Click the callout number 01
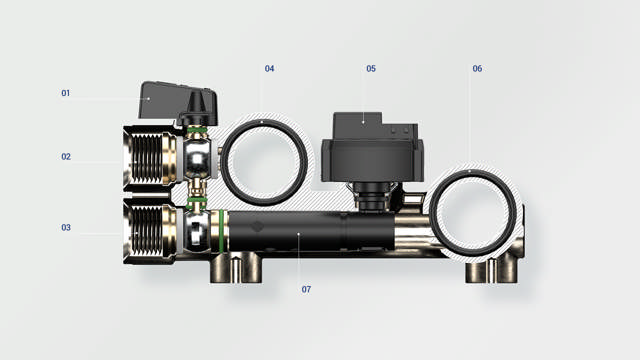[x=65, y=93]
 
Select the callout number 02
[x=66, y=157]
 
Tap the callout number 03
[x=66, y=227]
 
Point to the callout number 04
[x=269, y=69]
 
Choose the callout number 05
[x=371, y=69]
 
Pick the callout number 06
[x=477, y=69]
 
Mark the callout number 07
[x=306, y=289]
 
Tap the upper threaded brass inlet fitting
[x=150, y=158]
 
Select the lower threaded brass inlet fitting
[x=150, y=231]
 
